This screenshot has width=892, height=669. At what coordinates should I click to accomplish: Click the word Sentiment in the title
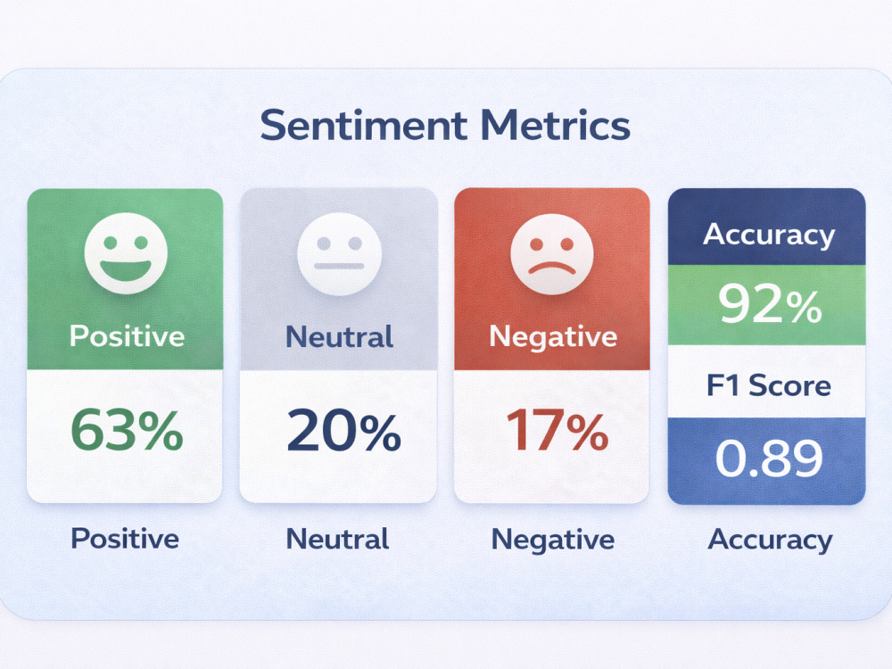pyautogui.click(x=364, y=125)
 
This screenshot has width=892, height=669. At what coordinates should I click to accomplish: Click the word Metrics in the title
pyautogui.click(x=555, y=125)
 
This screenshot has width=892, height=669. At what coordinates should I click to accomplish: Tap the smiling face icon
pyautogui.click(x=126, y=253)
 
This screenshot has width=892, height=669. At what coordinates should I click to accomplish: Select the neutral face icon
pyautogui.click(x=339, y=253)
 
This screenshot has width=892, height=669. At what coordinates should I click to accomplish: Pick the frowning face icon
pyautogui.click(x=552, y=253)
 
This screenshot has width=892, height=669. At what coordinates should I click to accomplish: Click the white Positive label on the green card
pyautogui.click(x=127, y=336)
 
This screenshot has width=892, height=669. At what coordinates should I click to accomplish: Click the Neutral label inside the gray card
pyautogui.click(x=339, y=336)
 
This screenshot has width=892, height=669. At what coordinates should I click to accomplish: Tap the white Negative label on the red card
pyautogui.click(x=553, y=337)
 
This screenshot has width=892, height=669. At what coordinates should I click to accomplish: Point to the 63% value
pyautogui.click(x=127, y=430)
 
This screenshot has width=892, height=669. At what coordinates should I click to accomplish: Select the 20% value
pyautogui.click(x=343, y=431)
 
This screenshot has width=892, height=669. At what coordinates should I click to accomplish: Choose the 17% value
pyautogui.click(x=557, y=430)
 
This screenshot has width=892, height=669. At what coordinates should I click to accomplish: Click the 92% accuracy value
pyautogui.click(x=770, y=304)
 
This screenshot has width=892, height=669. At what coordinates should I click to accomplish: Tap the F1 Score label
pyautogui.click(x=769, y=385)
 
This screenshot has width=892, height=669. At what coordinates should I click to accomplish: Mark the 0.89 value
pyautogui.click(x=769, y=458)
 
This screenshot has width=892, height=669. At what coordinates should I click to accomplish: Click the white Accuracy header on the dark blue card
pyautogui.click(x=769, y=235)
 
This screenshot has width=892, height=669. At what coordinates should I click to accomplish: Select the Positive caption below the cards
pyautogui.click(x=125, y=538)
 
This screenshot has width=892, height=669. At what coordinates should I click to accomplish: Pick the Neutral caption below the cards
pyautogui.click(x=337, y=539)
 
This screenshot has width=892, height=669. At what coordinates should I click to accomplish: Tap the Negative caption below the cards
pyautogui.click(x=552, y=540)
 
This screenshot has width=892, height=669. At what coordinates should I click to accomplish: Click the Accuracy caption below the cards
pyautogui.click(x=770, y=540)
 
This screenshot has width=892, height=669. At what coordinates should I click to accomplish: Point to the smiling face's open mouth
pyautogui.click(x=126, y=269)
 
